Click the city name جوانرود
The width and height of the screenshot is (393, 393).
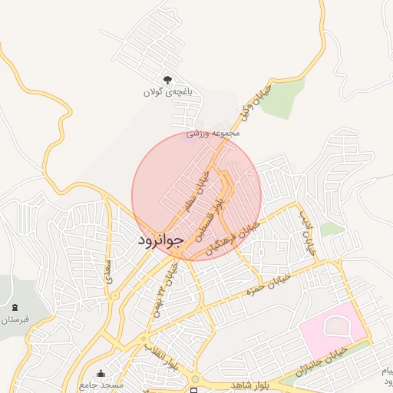[x=160, y=240]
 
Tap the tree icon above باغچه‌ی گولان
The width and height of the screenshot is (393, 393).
[x=168, y=80]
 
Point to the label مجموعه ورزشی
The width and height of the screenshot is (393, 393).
[x=215, y=133]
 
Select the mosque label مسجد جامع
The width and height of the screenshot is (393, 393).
[x=101, y=383]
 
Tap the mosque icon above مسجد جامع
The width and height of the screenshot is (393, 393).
[x=101, y=373]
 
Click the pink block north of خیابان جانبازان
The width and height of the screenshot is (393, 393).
[x=332, y=326]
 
